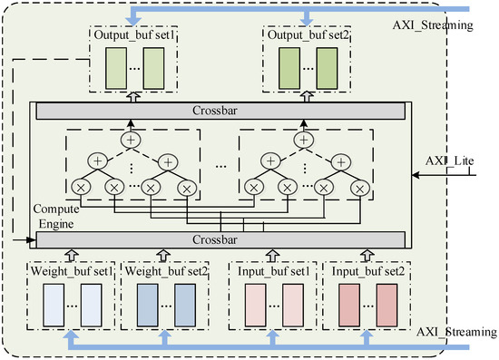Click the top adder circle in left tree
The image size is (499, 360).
click(x=132, y=140)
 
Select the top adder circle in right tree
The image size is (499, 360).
click(x=306, y=140)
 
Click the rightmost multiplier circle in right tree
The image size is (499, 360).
click(x=362, y=190)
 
